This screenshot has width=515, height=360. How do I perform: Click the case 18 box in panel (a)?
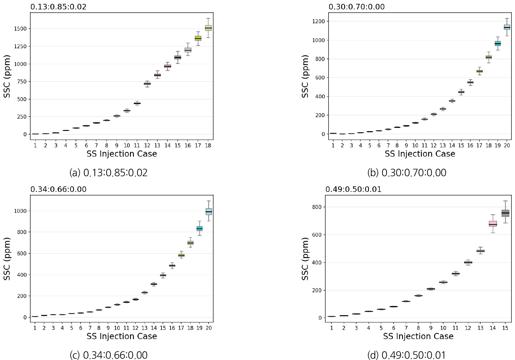coord(208,28)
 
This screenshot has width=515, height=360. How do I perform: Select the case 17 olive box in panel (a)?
coord(198,38)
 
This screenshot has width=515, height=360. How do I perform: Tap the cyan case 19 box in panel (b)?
coord(498,44)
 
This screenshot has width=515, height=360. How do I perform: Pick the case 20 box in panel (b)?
coord(507,27)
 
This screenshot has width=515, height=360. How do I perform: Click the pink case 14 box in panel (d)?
coord(493,224)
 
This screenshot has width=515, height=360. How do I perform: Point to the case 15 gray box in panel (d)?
coord(505,213)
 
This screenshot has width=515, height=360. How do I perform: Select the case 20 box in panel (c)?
coord(209,212)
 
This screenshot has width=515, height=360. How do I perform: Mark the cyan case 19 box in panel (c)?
coord(200,228)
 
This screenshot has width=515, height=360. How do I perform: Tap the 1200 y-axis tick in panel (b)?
coord(319,21)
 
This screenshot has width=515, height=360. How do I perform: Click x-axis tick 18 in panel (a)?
coord(208,145)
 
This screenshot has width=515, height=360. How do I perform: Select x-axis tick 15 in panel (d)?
coord(505,328)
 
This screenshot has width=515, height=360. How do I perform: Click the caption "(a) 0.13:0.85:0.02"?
coord(109,173)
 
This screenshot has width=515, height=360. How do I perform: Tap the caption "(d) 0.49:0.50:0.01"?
coord(406,355)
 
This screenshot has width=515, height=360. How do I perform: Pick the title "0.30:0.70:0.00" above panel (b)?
coord(356,7)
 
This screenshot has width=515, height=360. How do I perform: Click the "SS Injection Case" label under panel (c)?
coord(122,336)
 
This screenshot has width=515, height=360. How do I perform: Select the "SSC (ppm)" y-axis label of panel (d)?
coord(306,259)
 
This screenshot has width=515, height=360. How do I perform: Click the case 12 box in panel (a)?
coord(147,84)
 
